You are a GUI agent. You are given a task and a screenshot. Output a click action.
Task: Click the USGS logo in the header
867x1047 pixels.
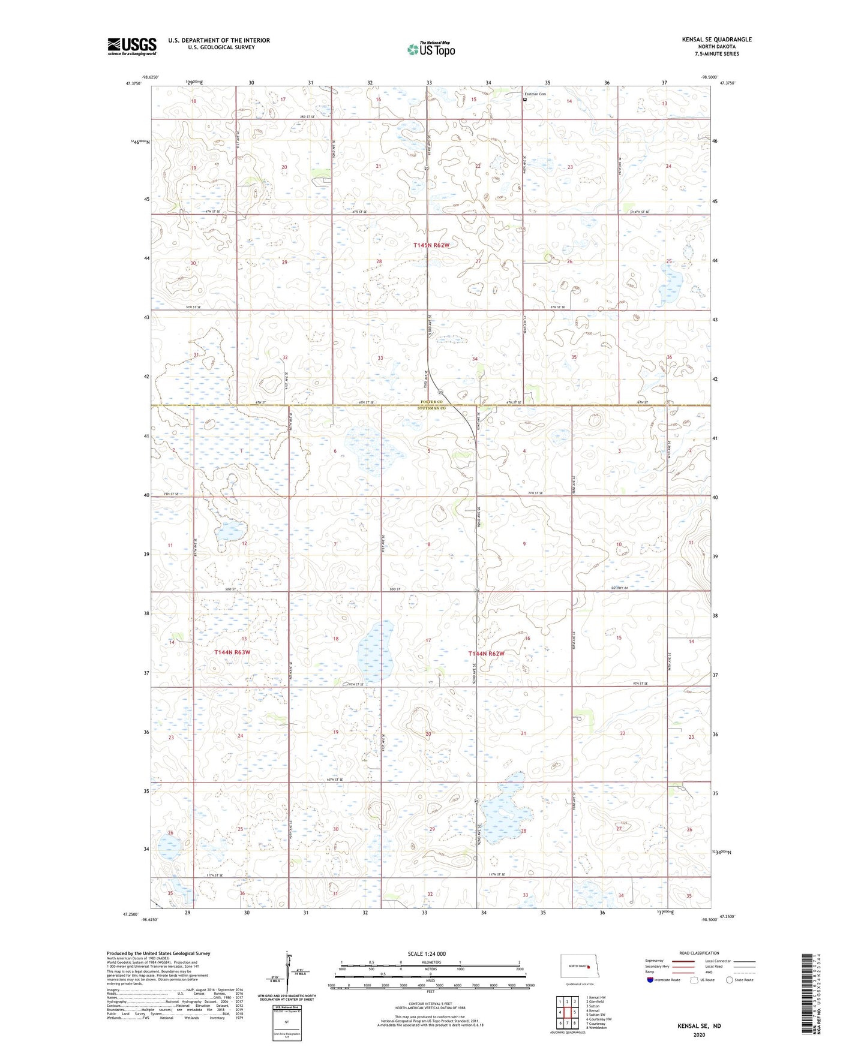coord(132,46)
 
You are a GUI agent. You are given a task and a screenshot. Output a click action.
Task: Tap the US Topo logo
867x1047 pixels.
coord(431,49)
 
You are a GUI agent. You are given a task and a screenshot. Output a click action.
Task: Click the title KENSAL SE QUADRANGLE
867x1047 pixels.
coord(716,40)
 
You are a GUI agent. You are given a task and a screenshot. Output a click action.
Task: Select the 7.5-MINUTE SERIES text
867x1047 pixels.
coord(716,54)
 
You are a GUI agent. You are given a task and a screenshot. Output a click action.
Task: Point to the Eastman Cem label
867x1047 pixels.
coord(536,94)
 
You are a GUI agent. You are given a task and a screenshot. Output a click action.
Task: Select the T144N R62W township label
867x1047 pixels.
coord(486,654)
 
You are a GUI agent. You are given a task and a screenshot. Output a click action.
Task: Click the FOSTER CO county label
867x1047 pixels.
coord(431,402)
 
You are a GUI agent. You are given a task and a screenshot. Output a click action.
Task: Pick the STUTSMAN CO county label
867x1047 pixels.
coord(433,408)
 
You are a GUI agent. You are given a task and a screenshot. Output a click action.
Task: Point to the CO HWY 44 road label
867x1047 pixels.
coord(617,588)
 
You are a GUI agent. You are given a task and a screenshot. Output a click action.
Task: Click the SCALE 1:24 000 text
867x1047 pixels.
coord(427,954)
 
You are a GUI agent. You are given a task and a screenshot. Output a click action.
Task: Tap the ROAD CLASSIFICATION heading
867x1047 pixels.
coord(699,953)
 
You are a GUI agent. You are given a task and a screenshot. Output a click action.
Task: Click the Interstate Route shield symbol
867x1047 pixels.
coord(650,980)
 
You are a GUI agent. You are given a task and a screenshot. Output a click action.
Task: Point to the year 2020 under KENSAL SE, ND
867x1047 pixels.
coord(699,1034)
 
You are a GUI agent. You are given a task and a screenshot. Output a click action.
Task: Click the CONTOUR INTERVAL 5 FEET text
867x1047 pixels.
coord(430,1008)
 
